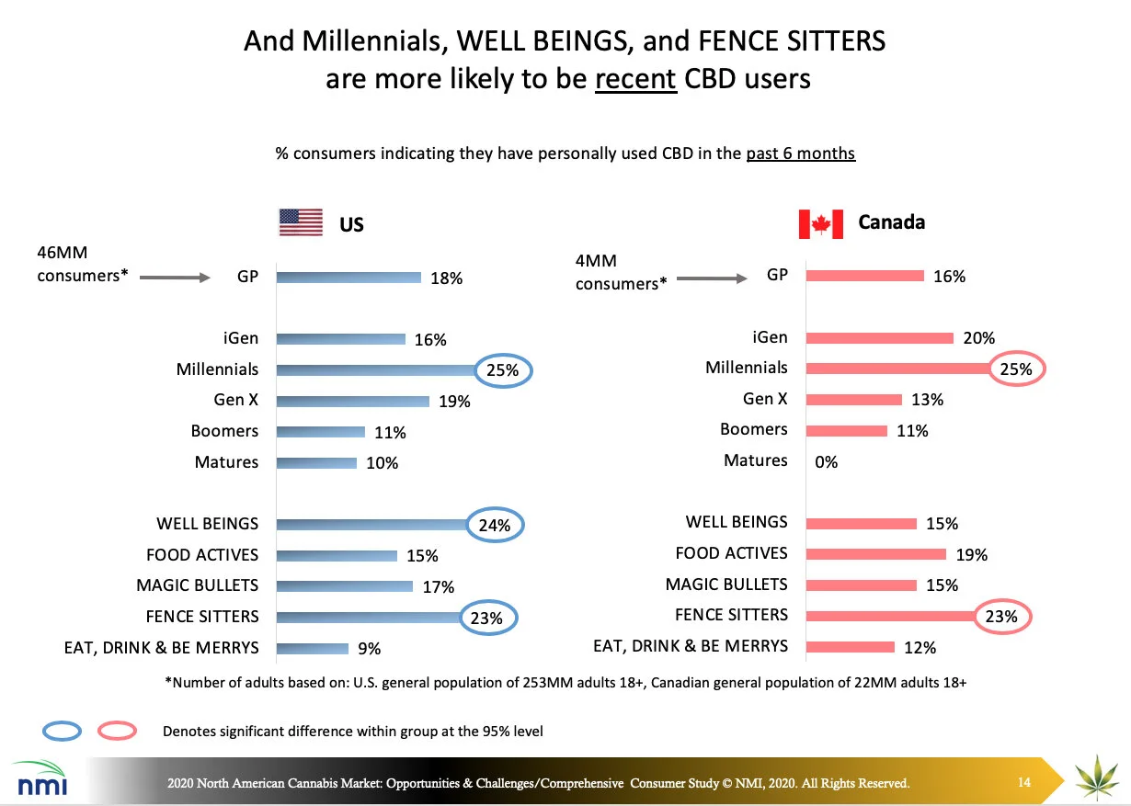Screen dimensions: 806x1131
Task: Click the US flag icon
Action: tap(301, 222)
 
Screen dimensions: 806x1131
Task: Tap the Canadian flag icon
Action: tap(820, 223)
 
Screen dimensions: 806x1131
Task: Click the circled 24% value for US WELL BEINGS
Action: tap(495, 526)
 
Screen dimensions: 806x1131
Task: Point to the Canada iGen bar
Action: tap(879, 337)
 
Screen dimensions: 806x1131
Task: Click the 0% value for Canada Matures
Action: tap(827, 462)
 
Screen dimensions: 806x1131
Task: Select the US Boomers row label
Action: tap(224, 431)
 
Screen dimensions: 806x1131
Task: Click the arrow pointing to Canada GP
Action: tap(711, 277)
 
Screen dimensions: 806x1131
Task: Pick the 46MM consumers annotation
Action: tap(82, 263)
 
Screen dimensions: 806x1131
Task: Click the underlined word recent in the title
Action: tap(635, 79)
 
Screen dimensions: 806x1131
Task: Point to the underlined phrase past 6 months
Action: tap(800, 153)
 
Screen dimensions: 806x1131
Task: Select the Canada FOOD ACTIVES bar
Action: tap(875, 553)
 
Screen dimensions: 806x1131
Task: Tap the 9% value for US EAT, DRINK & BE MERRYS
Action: tap(369, 649)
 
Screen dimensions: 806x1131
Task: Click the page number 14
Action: tap(1024, 782)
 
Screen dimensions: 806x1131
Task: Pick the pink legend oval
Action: tap(113, 731)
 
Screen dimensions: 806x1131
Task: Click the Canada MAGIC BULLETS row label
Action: tap(726, 585)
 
